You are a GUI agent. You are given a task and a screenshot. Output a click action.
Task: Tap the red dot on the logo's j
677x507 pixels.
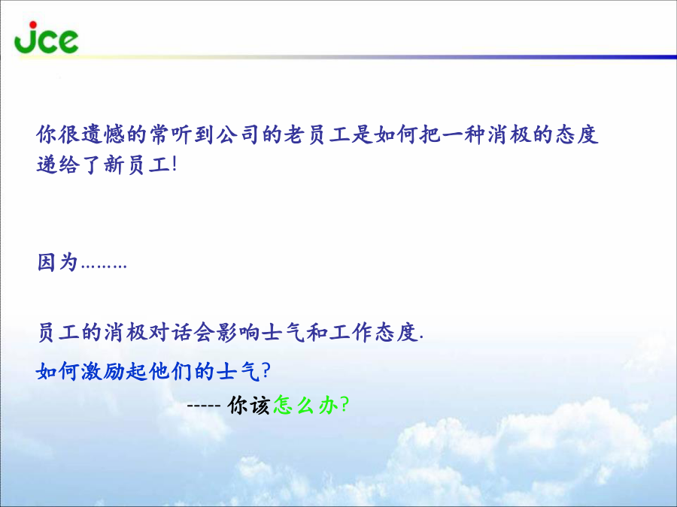point(33,25)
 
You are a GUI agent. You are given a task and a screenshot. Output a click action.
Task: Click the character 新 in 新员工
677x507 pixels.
point(114,164)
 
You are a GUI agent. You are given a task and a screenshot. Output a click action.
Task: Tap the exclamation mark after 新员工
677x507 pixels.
point(175,164)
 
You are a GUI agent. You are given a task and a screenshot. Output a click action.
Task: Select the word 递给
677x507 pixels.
point(58,164)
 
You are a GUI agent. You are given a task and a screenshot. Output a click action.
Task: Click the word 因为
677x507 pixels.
point(58,262)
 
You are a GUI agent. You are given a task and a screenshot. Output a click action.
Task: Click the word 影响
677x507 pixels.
point(238,332)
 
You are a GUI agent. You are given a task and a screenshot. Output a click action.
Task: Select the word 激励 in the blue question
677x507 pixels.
point(103,371)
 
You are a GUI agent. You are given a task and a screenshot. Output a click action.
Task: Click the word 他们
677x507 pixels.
point(170,371)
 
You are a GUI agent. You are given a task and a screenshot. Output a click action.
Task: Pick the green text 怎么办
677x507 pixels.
point(305,405)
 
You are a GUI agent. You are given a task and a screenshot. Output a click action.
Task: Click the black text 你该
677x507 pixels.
point(249,405)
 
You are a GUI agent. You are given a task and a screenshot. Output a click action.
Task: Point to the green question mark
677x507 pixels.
point(344,404)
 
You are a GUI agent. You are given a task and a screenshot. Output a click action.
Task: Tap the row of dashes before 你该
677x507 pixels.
point(204,406)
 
